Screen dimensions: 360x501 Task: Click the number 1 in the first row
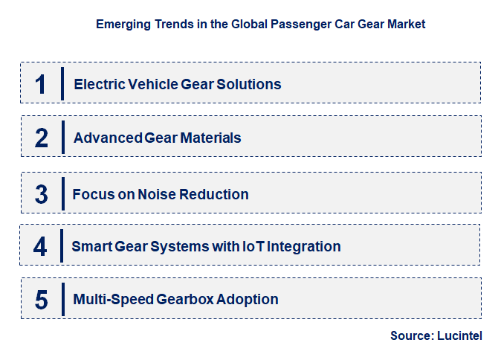[x=42, y=84]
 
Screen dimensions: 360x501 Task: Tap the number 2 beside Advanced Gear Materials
[x=42, y=138]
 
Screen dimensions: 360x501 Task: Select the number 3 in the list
[x=42, y=194]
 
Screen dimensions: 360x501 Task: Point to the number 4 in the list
[x=41, y=246]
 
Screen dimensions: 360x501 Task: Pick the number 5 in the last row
[x=42, y=300]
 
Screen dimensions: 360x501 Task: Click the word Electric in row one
[x=96, y=84]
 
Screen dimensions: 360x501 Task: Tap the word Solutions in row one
[x=248, y=84]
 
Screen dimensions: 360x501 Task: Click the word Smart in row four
[x=90, y=246]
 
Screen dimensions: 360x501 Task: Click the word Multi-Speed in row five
[x=113, y=300]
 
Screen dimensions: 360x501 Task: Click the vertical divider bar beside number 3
[x=62, y=193]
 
